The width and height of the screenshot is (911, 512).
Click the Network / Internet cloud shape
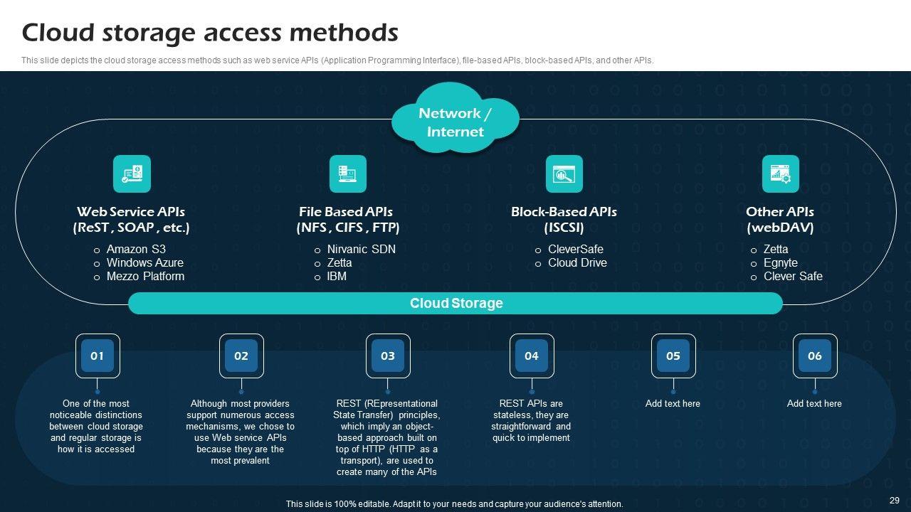pyautogui.click(x=455, y=122)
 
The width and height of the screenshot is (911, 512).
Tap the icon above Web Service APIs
pyautogui.click(x=132, y=174)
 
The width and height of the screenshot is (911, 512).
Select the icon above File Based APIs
pyautogui.click(x=347, y=174)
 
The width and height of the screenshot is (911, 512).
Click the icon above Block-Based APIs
pyautogui.click(x=564, y=174)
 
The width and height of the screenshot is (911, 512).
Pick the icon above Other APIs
pyautogui.click(x=780, y=174)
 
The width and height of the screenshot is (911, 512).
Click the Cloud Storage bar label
pyautogui.click(x=455, y=303)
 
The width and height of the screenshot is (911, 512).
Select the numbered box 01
pyautogui.click(x=98, y=356)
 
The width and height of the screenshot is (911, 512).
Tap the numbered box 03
pyautogui.click(x=388, y=356)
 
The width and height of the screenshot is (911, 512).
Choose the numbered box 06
pyautogui.click(x=815, y=356)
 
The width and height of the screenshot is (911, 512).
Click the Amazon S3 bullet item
pyautogui.click(x=136, y=249)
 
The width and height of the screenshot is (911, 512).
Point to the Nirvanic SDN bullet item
pyautogui.click(x=361, y=249)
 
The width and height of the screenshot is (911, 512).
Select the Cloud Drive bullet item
pyautogui.click(x=577, y=262)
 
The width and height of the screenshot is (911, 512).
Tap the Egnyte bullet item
pyautogui.click(x=780, y=262)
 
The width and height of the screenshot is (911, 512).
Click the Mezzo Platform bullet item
pyautogui.click(x=145, y=276)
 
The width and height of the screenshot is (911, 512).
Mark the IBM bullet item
pyautogui.click(x=337, y=276)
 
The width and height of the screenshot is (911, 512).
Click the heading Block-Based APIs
pyautogui.click(x=564, y=212)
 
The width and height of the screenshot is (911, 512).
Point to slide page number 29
pyautogui.click(x=895, y=500)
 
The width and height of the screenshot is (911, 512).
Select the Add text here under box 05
pyautogui.click(x=673, y=403)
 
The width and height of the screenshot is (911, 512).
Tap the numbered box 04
pyautogui.click(x=532, y=356)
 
